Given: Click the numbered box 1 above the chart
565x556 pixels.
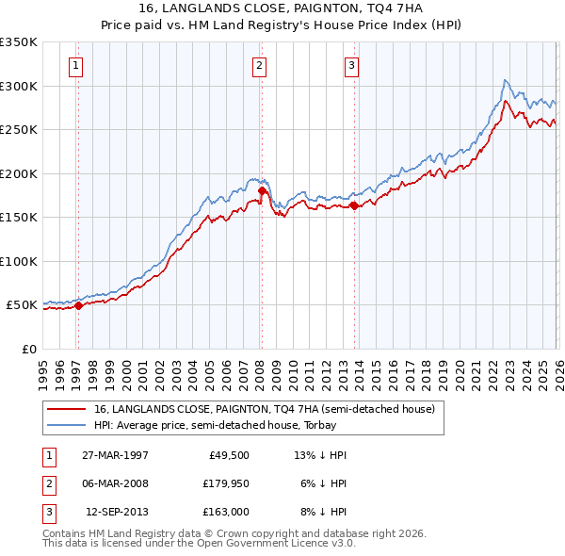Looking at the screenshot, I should point(74,65).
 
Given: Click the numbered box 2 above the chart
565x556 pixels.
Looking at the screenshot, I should point(258,65).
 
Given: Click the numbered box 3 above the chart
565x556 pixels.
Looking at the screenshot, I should point(350,65).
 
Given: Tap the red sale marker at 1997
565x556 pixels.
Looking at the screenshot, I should point(78,305).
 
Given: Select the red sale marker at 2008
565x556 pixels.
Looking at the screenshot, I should point(262,191).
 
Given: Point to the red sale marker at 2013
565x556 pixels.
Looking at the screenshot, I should point(354,205).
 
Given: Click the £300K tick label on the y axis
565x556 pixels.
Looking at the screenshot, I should point(19,86).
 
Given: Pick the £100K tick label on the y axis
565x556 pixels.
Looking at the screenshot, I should point(19,261).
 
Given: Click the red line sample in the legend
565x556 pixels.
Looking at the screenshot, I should point(67,410).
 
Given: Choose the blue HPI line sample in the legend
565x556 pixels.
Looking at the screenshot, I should point(67,425).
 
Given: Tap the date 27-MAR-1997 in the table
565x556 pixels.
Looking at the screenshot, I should point(115,454).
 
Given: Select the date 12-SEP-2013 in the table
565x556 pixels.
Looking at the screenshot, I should point(116,512).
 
